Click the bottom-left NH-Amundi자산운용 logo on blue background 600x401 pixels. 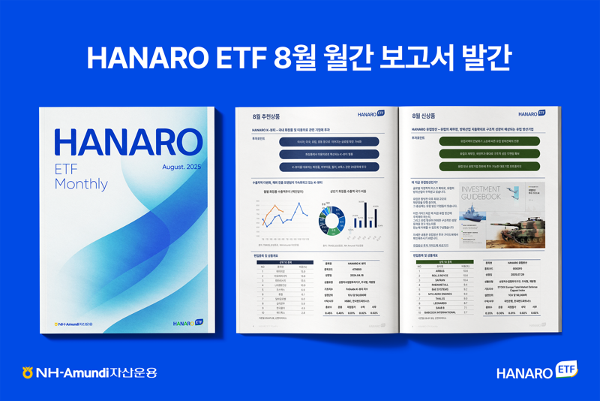[x=90, y=372]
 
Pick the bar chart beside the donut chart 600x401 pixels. [x=367, y=213]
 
